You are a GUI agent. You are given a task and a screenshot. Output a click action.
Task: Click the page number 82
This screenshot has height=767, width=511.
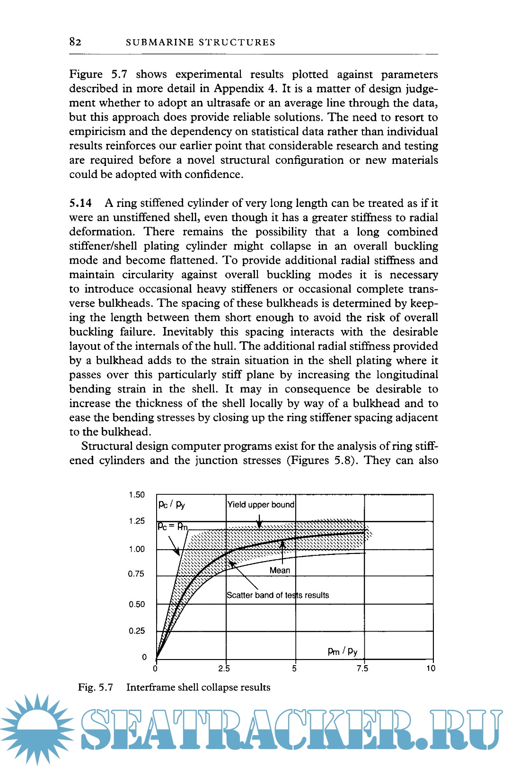coord(75,42)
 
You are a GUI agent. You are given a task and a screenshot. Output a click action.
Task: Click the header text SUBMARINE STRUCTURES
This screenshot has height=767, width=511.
coord(201,43)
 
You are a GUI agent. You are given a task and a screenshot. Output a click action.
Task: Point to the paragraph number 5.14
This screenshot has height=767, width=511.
coord(80,203)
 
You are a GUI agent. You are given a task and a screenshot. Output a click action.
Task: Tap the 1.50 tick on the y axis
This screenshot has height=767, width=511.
coord(137,495)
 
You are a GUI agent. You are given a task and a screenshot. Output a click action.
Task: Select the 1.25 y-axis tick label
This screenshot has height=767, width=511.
coord(137,521)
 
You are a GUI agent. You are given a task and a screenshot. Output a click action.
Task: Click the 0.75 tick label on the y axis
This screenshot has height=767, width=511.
coord(136,574)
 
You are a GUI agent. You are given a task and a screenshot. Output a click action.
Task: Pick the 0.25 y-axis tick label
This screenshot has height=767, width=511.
coord(137,631)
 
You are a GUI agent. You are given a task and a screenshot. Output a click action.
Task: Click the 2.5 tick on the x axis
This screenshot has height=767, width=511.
coord(224,669)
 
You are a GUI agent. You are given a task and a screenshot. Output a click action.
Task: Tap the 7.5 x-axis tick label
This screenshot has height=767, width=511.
coord(362,669)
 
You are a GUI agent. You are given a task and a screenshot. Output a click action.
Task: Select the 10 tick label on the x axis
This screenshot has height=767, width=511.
coord(431,669)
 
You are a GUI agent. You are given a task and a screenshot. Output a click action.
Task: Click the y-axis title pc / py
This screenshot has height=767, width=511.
coord(171,504)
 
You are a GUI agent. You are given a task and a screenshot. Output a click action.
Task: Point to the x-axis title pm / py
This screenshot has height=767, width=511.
coord(343,651)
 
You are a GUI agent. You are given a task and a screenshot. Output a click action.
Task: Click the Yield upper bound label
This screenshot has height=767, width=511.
coord(261,505)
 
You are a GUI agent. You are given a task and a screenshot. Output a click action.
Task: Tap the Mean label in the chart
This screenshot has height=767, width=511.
coord(280,571)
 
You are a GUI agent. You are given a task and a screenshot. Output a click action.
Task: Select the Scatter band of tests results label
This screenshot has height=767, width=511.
coord(278,595)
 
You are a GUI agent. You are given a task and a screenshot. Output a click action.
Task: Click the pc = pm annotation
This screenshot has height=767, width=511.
coord(172,526)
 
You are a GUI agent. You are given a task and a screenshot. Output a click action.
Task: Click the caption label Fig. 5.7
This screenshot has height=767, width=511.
coord(96,687)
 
